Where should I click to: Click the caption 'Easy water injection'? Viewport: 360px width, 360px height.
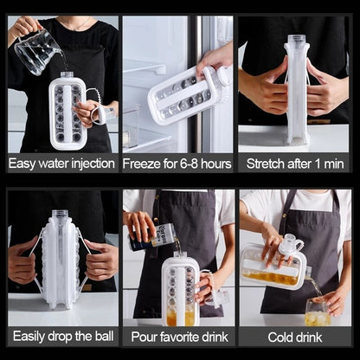click(61, 163)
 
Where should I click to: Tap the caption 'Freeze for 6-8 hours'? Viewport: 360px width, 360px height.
click(178, 163)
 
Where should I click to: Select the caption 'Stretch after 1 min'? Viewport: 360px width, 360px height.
click(296, 163)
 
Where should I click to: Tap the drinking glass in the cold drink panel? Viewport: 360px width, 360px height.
click(317, 310)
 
